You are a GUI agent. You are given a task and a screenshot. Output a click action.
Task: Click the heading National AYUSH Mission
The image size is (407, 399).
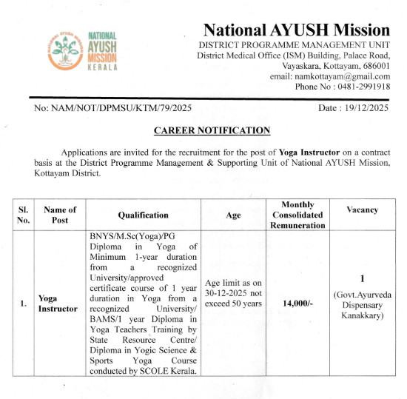pos(296,30)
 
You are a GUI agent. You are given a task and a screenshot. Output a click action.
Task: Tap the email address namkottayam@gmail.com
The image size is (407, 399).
pos(341,76)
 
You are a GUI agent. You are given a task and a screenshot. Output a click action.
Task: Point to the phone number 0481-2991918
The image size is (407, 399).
pos(360,87)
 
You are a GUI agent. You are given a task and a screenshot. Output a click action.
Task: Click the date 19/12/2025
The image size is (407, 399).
pos(363,108)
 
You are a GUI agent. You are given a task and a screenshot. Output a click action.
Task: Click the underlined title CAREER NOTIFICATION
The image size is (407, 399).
pos(212,130)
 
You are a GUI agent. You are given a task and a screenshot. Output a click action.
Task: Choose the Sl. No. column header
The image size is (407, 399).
pos(24,215)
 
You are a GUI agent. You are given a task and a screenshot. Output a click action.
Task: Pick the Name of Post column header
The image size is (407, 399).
pos(58,215)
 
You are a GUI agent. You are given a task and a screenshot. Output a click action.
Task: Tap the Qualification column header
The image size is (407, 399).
pos(143,215)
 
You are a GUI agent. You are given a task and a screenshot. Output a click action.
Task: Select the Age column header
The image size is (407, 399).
pos(233,215)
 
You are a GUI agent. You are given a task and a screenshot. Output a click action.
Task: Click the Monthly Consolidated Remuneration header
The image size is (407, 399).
pos(297,215)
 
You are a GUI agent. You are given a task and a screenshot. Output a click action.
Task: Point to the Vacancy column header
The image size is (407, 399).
pos(362,209)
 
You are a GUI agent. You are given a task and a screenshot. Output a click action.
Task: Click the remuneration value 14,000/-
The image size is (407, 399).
pos(297,303)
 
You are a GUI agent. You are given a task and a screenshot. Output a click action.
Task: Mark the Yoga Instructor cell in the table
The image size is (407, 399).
pos(58,303)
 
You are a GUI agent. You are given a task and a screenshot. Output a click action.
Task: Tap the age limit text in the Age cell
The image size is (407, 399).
pos(233,293)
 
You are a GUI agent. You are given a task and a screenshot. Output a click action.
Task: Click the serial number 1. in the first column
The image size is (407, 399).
pos(24,303)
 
